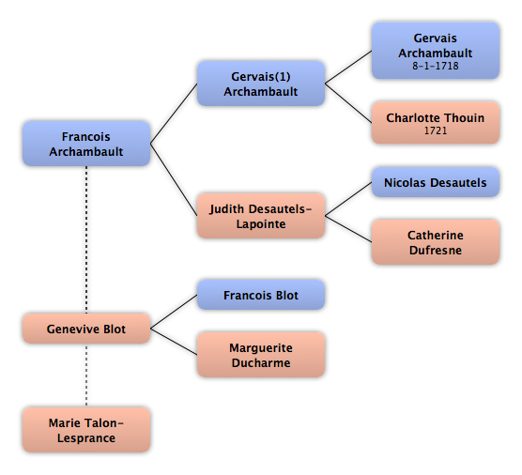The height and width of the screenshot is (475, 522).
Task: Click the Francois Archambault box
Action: [x=86, y=144]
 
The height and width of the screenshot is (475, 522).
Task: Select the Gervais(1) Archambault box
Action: [x=261, y=84]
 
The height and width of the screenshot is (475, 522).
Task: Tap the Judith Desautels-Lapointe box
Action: [x=261, y=216]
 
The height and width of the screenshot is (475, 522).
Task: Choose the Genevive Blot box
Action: [x=86, y=329]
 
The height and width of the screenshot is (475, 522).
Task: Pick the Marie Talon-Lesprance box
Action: [x=86, y=430]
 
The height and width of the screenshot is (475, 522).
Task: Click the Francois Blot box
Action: [x=261, y=295]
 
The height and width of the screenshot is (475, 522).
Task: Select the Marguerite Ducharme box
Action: [x=261, y=355]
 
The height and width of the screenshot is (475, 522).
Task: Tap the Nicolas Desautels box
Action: [x=436, y=182]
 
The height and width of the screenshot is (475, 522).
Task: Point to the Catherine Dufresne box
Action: [x=436, y=242]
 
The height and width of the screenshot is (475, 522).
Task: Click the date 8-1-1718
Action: [x=436, y=66]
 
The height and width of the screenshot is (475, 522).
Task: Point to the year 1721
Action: [x=436, y=130]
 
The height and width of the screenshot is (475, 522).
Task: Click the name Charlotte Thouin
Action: [x=436, y=118]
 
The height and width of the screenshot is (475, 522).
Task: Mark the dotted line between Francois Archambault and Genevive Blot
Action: [x=86, y=239]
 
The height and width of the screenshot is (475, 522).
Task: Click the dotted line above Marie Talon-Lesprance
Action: [x=86, y=375]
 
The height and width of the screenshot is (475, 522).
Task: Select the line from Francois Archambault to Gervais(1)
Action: [x=174, y=114]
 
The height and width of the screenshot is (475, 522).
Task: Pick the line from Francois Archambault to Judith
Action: [x=174, y=179]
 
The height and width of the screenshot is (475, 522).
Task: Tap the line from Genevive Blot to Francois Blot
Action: [x=174, y=312]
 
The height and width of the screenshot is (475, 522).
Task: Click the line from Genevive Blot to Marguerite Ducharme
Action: [x=174, y=342]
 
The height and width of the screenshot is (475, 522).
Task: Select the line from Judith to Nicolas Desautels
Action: [x=348, y=199]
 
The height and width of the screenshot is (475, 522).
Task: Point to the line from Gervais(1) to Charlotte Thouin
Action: [x=348, y=103]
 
